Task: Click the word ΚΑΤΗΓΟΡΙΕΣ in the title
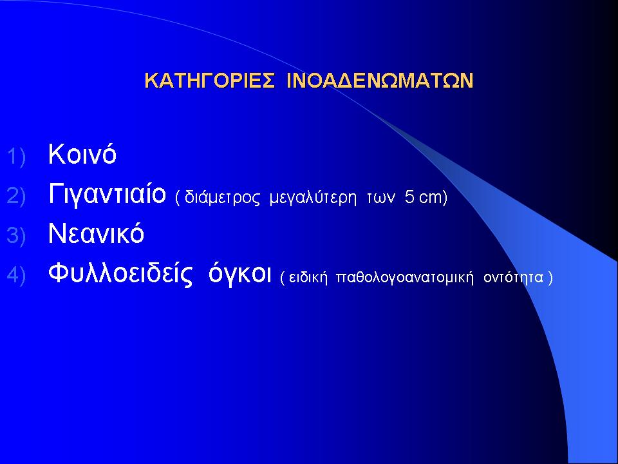click(x=209, y=81)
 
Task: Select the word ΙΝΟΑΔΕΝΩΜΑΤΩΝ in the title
click(x=380, y=81)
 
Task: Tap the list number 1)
click(x=16, y=156)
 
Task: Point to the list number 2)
click(x=16, y=196)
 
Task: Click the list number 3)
click(x=16, y=235)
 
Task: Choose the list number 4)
click(x=16, y=275)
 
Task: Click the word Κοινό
click(x=82, y=153)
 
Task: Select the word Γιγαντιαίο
click(x=107, y=193)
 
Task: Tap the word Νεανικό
click(x=96, y=233)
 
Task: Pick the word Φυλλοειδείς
click(x=120, y=273)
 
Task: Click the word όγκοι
click(x=239, y=273)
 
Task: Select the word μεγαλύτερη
click(x=313, y=198)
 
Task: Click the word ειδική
click(x=308, y=277)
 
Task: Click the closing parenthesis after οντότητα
click(x=550, y=277)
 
